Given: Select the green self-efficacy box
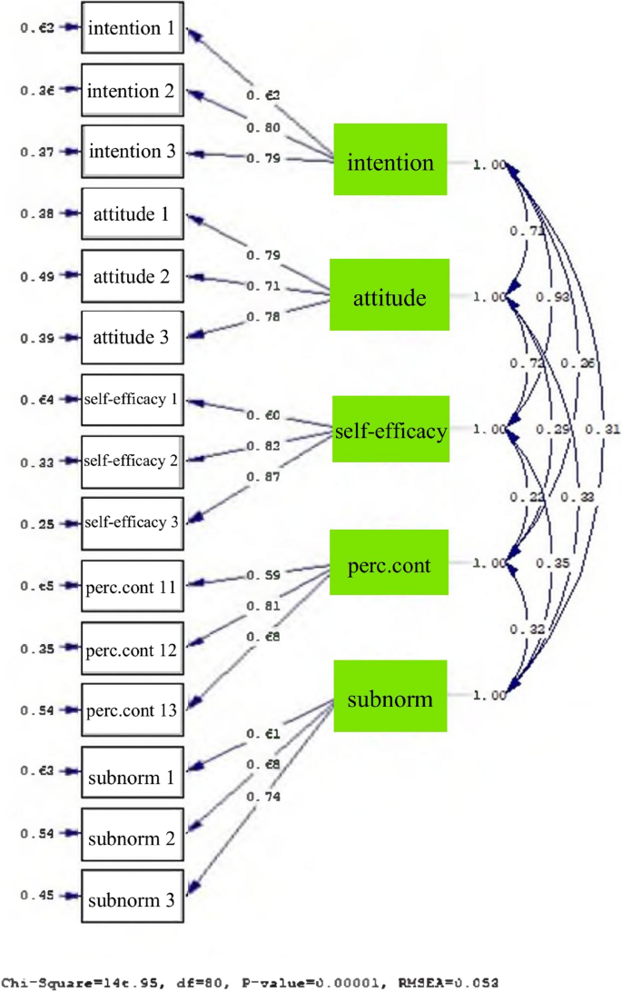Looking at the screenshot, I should [390, 431].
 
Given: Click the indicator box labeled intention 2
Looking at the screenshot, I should [133, 91].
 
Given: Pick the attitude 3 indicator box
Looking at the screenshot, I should [133, 338].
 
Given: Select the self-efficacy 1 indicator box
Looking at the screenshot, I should [133, 400].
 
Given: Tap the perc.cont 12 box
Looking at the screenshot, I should [133, 649].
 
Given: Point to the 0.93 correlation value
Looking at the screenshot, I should [547, 297].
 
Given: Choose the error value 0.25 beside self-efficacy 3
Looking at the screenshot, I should [39, 524].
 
